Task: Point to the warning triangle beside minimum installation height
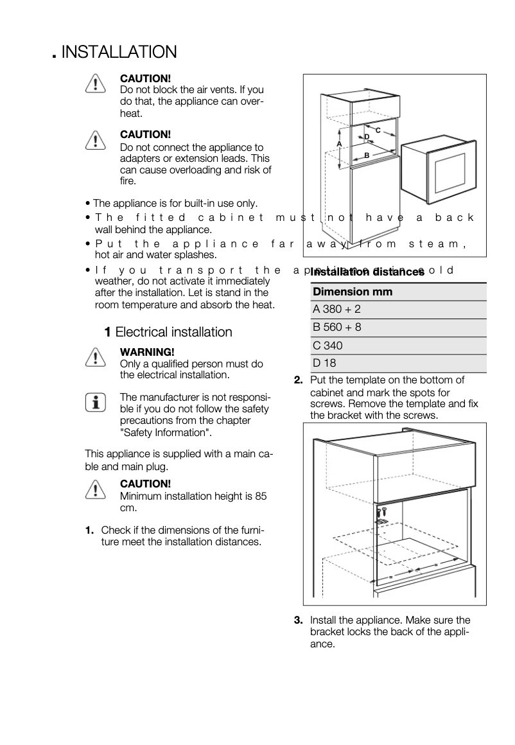point(94,489)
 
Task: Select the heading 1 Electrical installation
point(168,332)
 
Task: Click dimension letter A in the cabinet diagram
point(339,143)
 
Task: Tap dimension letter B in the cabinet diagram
point(367,155)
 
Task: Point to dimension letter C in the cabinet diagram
point(378,130)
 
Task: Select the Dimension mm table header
point(352,292)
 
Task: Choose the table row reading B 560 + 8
point(337,328)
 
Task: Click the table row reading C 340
point(328,346)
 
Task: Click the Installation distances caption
point(367,272)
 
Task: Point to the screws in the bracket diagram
point(381,512)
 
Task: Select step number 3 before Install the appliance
point(298,620)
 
